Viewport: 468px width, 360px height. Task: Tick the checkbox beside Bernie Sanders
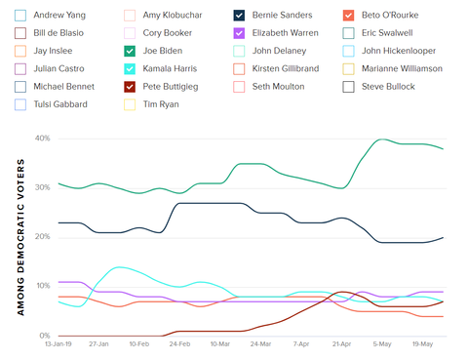tap(240, 16)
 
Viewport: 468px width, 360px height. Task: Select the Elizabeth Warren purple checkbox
tap(240, 33)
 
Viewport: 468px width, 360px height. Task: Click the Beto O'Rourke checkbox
tap(349, 16)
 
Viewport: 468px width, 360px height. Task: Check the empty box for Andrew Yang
tap(20, 16)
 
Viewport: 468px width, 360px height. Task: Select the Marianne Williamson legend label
tap(402, 68)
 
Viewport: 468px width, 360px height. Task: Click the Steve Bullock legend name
tap(388, 87)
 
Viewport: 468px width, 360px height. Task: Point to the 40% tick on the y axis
tap(42, 138)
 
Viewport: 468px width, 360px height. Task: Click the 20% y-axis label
tap(42, 237)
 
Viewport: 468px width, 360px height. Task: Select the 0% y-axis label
tap(45, 336)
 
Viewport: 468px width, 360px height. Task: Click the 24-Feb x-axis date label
tap(178, 344)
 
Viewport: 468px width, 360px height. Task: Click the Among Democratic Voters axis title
tap(20, 237)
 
